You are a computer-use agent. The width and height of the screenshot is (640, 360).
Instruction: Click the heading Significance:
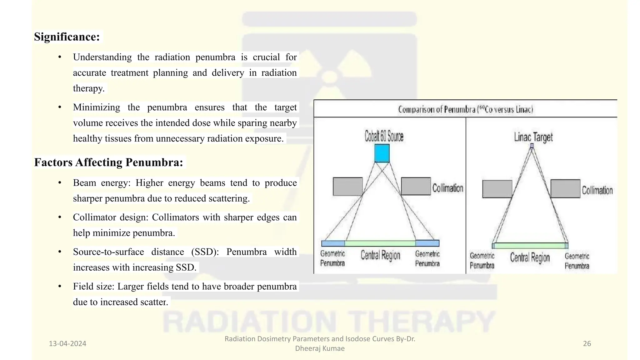pyautogui.click(x=67, y=37)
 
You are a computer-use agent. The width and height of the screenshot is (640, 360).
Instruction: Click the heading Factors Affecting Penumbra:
pyautogui.click(x=108, y=162)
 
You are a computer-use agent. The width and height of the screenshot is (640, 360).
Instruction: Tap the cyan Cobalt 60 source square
pyautogui.click(x=382, y=153)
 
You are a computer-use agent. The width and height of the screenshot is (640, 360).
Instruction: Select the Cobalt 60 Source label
pyautogui.click(x=384, y=137)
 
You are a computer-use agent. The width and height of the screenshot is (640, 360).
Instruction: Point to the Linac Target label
pyautogui.click(x=533, y=137)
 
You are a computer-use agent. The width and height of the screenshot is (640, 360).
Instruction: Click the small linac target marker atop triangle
pyautogui.click(x=532, y=146)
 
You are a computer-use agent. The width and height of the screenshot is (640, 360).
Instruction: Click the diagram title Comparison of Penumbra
pyautogui.click(x=465, y=109)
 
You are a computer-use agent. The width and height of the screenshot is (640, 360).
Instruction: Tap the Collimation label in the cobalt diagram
pyautogui.click(x=447, y=188)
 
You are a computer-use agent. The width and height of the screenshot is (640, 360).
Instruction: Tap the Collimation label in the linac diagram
pyautogui.click(x=597, y=190)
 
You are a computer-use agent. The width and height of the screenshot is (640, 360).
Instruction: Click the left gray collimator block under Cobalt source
pyautogui.click(x=348, y=187)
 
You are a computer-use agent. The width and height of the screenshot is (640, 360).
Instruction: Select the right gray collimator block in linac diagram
pyautogui.click(x=565, y=188)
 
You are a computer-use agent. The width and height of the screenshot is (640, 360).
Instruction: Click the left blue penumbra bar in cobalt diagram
pyautogui.click(x=333, y=243)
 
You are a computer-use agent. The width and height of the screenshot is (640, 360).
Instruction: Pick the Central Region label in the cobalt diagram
pyautogui.click(x=380, y=255)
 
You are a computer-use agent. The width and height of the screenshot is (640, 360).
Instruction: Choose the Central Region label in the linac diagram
pyautogui.click(x=530, y=257)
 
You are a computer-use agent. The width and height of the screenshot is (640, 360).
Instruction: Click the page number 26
pyautogui.click(x=587, y=344)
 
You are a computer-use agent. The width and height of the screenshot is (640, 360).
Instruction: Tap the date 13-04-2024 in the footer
pyautogui.click(x=67, y=344)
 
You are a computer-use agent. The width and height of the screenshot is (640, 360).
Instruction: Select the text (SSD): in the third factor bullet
pyautogui.click(x=205, y=252)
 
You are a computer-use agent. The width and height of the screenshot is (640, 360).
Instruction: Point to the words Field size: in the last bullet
pyautogui.click(x=94, y=287)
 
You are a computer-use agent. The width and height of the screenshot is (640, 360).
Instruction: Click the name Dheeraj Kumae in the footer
pyautogui.click(x=320, y=348)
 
